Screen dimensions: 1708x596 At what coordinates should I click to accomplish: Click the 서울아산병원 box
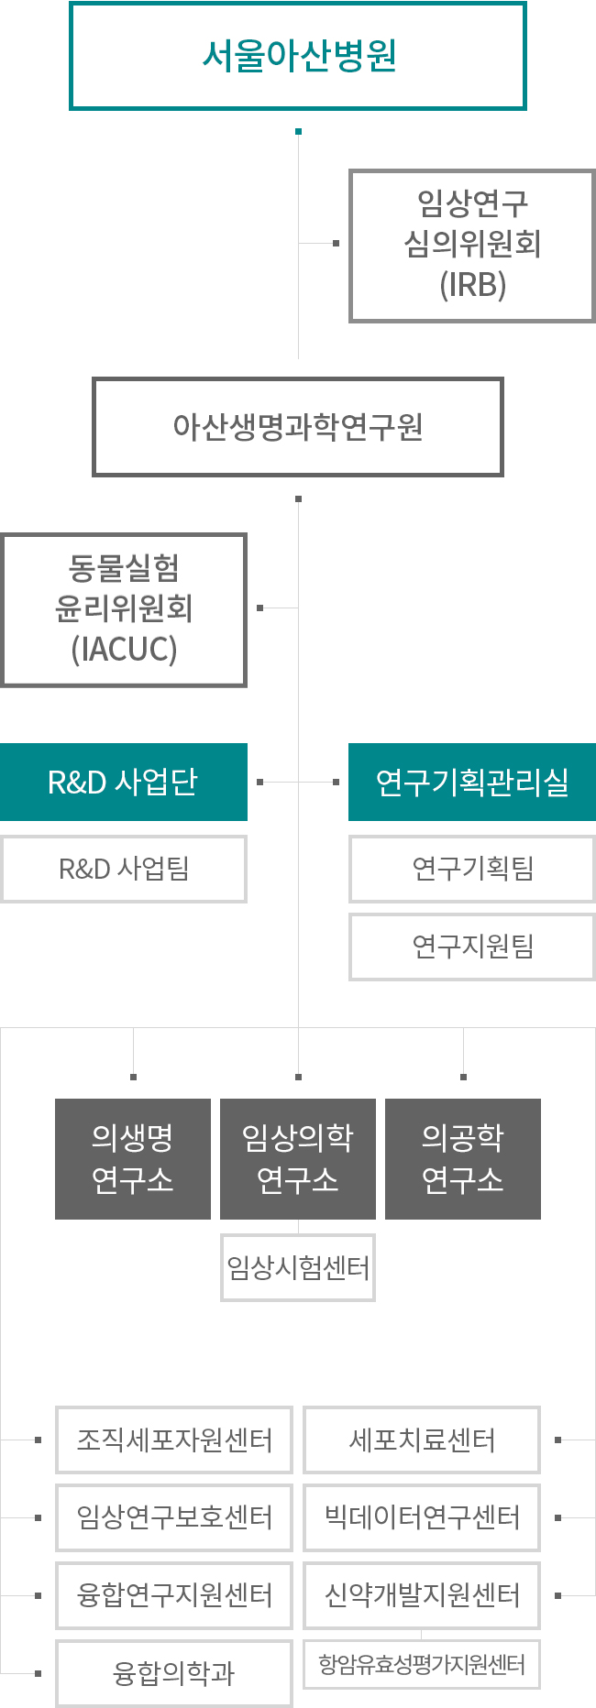click(x=298, y=56)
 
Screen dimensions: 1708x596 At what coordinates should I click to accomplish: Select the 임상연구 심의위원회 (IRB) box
click(x=472, y=245)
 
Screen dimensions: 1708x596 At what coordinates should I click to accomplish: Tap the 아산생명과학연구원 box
click(x=298, y=427)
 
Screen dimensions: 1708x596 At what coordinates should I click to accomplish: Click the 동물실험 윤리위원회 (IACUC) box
click(x=124, y=609)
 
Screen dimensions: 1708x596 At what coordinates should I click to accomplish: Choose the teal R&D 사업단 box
click(x=124, y=782)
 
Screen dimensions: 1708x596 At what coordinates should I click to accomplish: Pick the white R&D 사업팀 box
click(x=124, y=869)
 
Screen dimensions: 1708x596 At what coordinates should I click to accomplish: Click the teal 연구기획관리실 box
click(x=472, y=782)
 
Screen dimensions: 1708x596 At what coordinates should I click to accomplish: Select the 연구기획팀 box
click(x=472, y=869)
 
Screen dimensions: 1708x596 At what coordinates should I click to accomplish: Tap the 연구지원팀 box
click(x=472, y=947)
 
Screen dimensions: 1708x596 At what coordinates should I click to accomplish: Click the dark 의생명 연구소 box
click(x=133, y=1158)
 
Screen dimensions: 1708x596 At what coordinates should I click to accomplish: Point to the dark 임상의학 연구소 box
click(x=298, y=1158)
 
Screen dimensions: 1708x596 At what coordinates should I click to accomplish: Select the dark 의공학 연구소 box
click(x=463, y=1158)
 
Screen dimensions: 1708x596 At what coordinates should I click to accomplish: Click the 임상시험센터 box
click(x=298, y=1267)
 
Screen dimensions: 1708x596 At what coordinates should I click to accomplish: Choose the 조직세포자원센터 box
click(x=174, y=1440)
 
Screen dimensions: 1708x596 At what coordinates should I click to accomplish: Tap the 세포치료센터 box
click(x=422, y=1440)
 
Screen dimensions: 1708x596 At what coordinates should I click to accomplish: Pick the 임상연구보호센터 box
click(x=174, y=1517)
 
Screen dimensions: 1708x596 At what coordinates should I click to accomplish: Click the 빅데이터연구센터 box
click(x=422, y=1517)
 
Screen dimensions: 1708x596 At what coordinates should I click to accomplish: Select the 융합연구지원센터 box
click(x=174, y=1595)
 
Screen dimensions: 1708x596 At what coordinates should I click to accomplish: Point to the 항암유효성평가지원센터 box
click(x=422, y=1664)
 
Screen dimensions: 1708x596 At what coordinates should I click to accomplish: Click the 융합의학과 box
click(x=174, y=1673)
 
